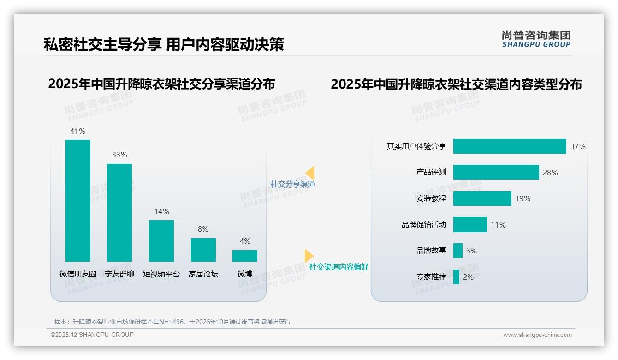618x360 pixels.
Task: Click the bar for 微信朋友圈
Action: pos(78,201)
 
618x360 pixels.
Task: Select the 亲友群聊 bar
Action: pos(119,213)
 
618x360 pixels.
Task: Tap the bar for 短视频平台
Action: pos(161,241)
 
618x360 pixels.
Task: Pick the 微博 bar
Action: pos(245,256)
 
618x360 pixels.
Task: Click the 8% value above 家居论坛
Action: pos(203,229)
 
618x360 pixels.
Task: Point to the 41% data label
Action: pos(77,131)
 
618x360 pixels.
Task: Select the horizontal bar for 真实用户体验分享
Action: pos(510,146)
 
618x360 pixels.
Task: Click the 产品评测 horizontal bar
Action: pos(496,172)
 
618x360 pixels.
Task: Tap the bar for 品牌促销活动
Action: pos(470,225)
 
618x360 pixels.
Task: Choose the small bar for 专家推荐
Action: pos(456,277)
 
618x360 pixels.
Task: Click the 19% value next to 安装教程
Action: pos(523,198)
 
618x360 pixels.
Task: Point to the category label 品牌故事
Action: pos(431,251)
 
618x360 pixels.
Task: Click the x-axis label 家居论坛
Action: pos(203,274)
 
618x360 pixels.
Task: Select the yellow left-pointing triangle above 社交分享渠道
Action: pos(310,173)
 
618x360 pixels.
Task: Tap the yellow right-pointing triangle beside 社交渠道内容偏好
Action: pos(309,255)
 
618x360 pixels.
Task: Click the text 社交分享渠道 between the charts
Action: pos(293,184)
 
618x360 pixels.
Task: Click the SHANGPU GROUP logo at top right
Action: pos(536,39)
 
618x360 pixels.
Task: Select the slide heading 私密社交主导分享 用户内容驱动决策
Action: pos(164,44)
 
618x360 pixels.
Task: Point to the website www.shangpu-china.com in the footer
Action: pos(537,335)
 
